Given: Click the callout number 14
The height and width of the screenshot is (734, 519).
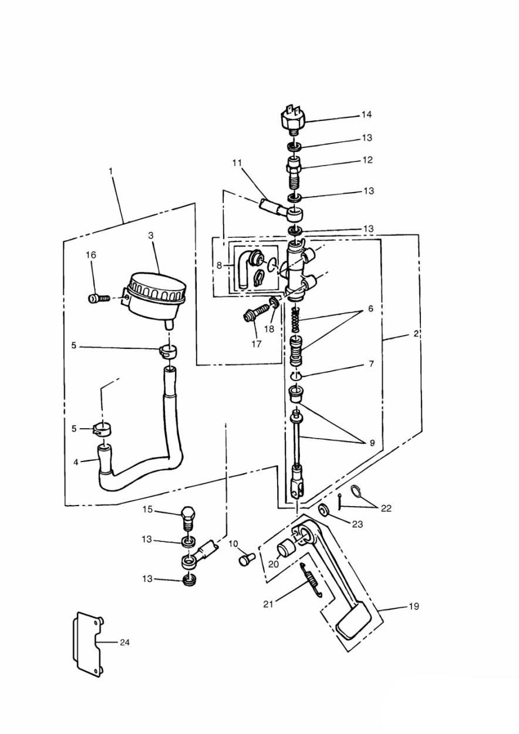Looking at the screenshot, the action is coord(366,115).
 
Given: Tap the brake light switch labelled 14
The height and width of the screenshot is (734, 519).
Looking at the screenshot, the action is coord(293,120).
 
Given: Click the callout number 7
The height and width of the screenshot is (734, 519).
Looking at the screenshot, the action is coord(371,363).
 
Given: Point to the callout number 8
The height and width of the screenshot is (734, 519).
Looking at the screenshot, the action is coord(219,265).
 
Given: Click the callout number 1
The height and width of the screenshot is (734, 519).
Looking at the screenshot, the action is coord(111,171).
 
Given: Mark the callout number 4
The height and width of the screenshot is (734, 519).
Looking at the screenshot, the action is coord(76,462).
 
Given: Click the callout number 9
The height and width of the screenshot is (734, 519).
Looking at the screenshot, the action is coord(372,443).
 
